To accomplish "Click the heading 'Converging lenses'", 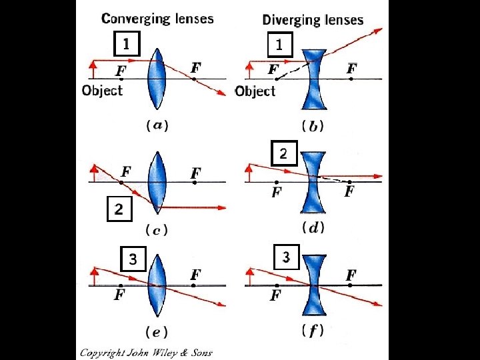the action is [x=157, y=19].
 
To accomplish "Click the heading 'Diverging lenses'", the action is [x=313, y=20].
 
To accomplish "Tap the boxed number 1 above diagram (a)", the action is [x=127, y=44].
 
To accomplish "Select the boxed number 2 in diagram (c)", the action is [x=119, y=209].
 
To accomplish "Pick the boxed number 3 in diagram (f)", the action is [x=287, y=257].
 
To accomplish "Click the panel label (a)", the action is [x=157, y=125].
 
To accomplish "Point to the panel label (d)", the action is [x=313, y=228].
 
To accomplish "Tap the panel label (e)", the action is [x=157, y=332].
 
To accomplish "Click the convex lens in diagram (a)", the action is [x=157, y=79].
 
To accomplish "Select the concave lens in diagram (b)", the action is [x=314, y=79].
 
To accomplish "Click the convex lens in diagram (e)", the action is [x=157, y=285].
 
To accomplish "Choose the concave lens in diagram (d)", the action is [x=313, y=182].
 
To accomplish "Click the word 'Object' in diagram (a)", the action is [x=102, y=91].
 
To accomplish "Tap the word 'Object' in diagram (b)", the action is [x=255, y=91].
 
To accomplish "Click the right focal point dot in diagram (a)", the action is [x=194, y=79].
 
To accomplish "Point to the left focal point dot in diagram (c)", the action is [x=121, y=183].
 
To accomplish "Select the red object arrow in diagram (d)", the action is [x=249, y=173].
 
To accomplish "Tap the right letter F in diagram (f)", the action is [x=351, y=275].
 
